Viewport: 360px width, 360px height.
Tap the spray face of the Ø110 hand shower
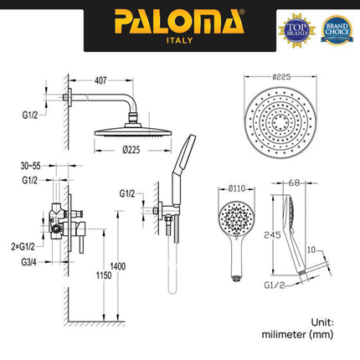(234, 220)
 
